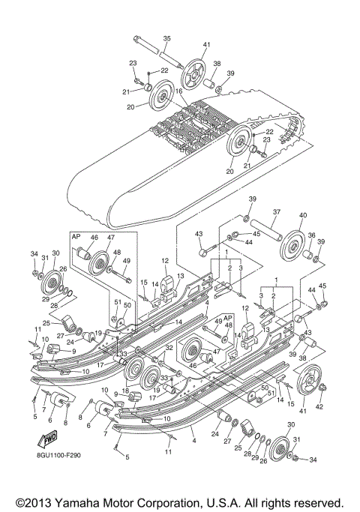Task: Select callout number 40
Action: click(302, 216)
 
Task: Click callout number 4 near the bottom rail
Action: click(193, 432)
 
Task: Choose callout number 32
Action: click(170, 348)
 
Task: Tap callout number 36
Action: click(312, 235)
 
